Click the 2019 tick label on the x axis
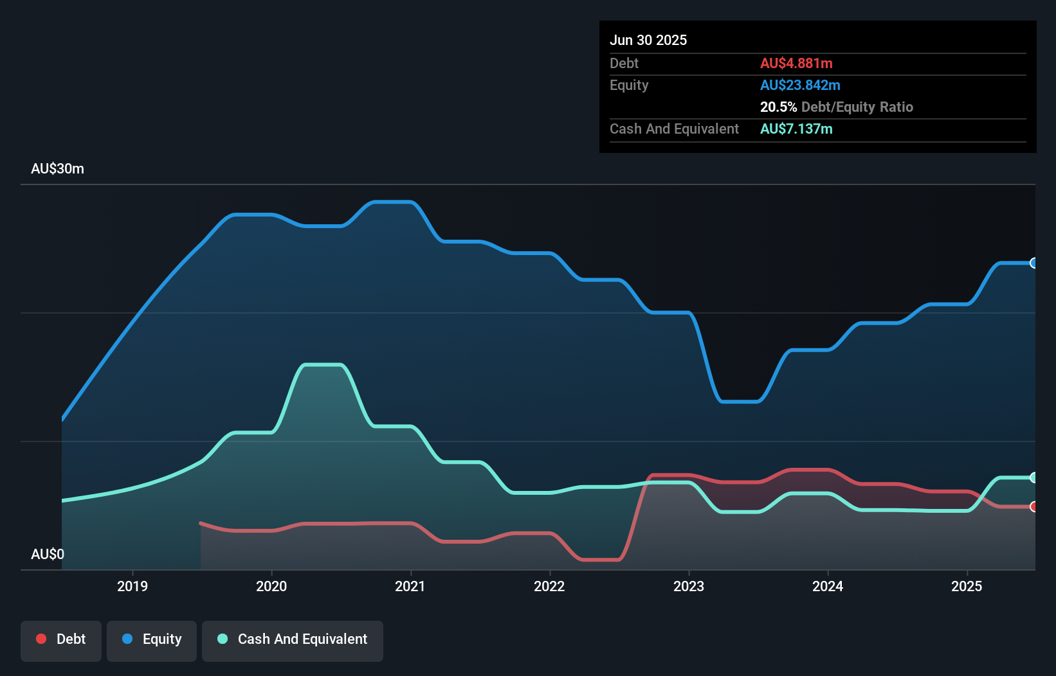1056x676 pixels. [x=132, y=586]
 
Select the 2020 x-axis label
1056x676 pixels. [x=271, y=586]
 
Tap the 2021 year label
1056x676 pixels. [x=410, y=586]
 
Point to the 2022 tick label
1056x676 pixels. [x=549, y=586]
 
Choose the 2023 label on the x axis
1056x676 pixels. [x=688, y=586]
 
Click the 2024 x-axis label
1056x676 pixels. [x=827, y=586]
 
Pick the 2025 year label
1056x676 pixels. [x=966, y=586]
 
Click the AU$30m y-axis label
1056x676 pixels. [x=57, y=168]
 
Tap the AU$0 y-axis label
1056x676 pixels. [x=48, y=554]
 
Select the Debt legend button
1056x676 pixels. [x=61, y=639]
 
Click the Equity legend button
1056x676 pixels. [x=152, y=639]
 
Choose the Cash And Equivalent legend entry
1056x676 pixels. [x=293, y=639]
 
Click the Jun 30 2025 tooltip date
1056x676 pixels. [x=648, y=40]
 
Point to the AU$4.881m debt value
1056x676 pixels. [x=796, y=63]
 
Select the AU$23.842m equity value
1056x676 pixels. [x=800, y=85]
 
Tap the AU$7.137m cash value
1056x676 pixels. [x=796, y=129]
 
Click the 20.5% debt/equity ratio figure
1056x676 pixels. [x=778, y=107]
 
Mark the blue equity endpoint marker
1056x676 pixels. [x=1033, y=263]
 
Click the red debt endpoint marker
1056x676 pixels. [x=1033, y=506]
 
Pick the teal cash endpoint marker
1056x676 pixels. [x=1033, y=477]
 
